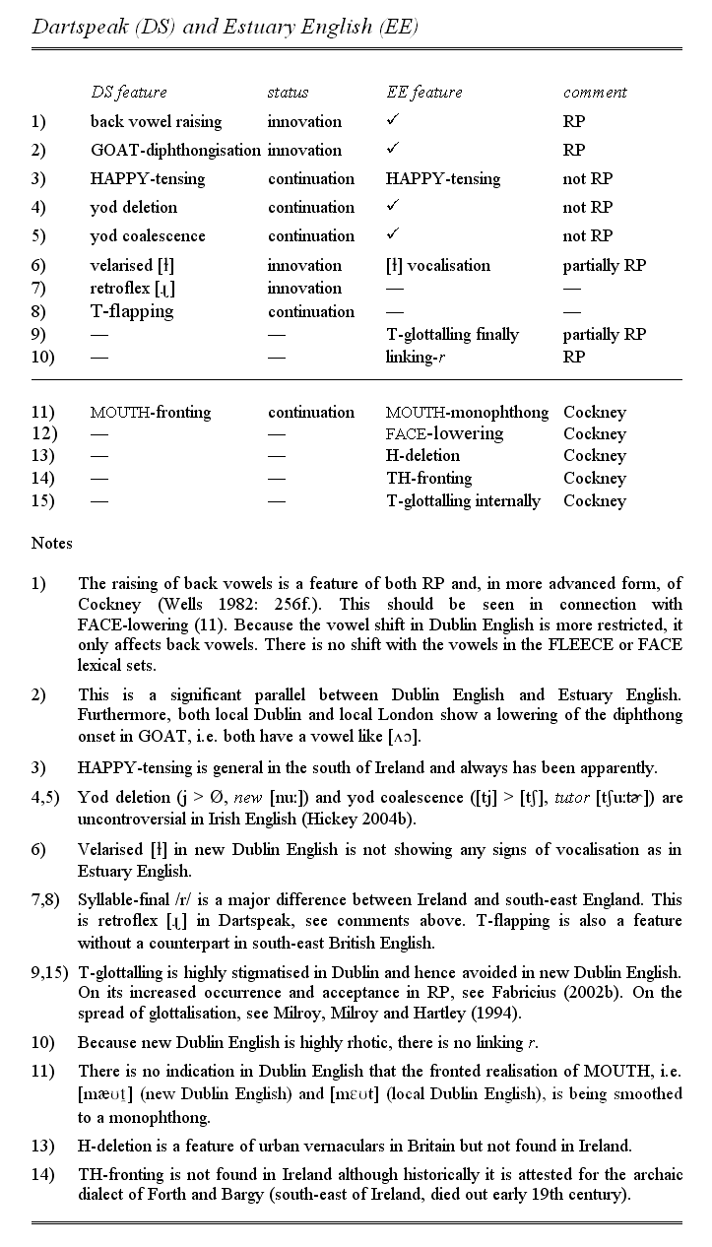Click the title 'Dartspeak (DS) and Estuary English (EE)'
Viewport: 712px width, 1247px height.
click(226, 27)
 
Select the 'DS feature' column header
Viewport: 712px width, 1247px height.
click(128, 93)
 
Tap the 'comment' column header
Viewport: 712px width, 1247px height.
click(595, 93)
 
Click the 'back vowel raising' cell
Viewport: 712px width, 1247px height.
click(156, 121)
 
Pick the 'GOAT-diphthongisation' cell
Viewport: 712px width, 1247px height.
click(175, 150)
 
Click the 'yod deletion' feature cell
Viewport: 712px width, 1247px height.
click(134, 207)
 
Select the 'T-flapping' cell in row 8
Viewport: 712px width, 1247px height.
click(131, 311)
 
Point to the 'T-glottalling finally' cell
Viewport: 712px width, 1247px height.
click(452, 334)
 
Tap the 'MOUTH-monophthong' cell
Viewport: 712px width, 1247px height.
click(467, 412)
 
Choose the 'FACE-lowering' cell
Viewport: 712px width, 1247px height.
click(444, 433)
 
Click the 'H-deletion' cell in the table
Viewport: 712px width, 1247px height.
click(422, 456)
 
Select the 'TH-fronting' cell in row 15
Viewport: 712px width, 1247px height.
click(428, 479)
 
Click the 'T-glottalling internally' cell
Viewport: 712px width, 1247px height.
click(463, 500)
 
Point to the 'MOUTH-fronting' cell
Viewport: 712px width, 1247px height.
click(150, 412)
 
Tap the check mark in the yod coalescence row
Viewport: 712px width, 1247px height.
click(392, 234)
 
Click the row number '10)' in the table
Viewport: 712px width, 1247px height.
click(43, 357)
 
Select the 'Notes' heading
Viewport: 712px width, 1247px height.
click(51, 543)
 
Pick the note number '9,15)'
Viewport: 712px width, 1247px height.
click(49, 972)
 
